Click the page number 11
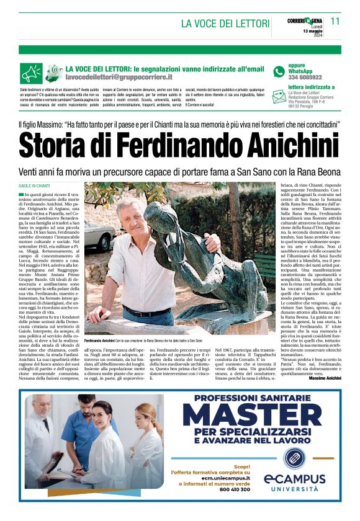pyautogui.click(x=335, y=20)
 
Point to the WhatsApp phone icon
pyautogui.click(x=279, y=71)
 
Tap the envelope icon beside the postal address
pyautogui.click(x=279, y=96)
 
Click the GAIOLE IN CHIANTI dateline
pyautogui.click(x=35, y=185)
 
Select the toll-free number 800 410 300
pyautogui.click(x=228, y=489)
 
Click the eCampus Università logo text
pyautogui.click(x=294, y=482)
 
